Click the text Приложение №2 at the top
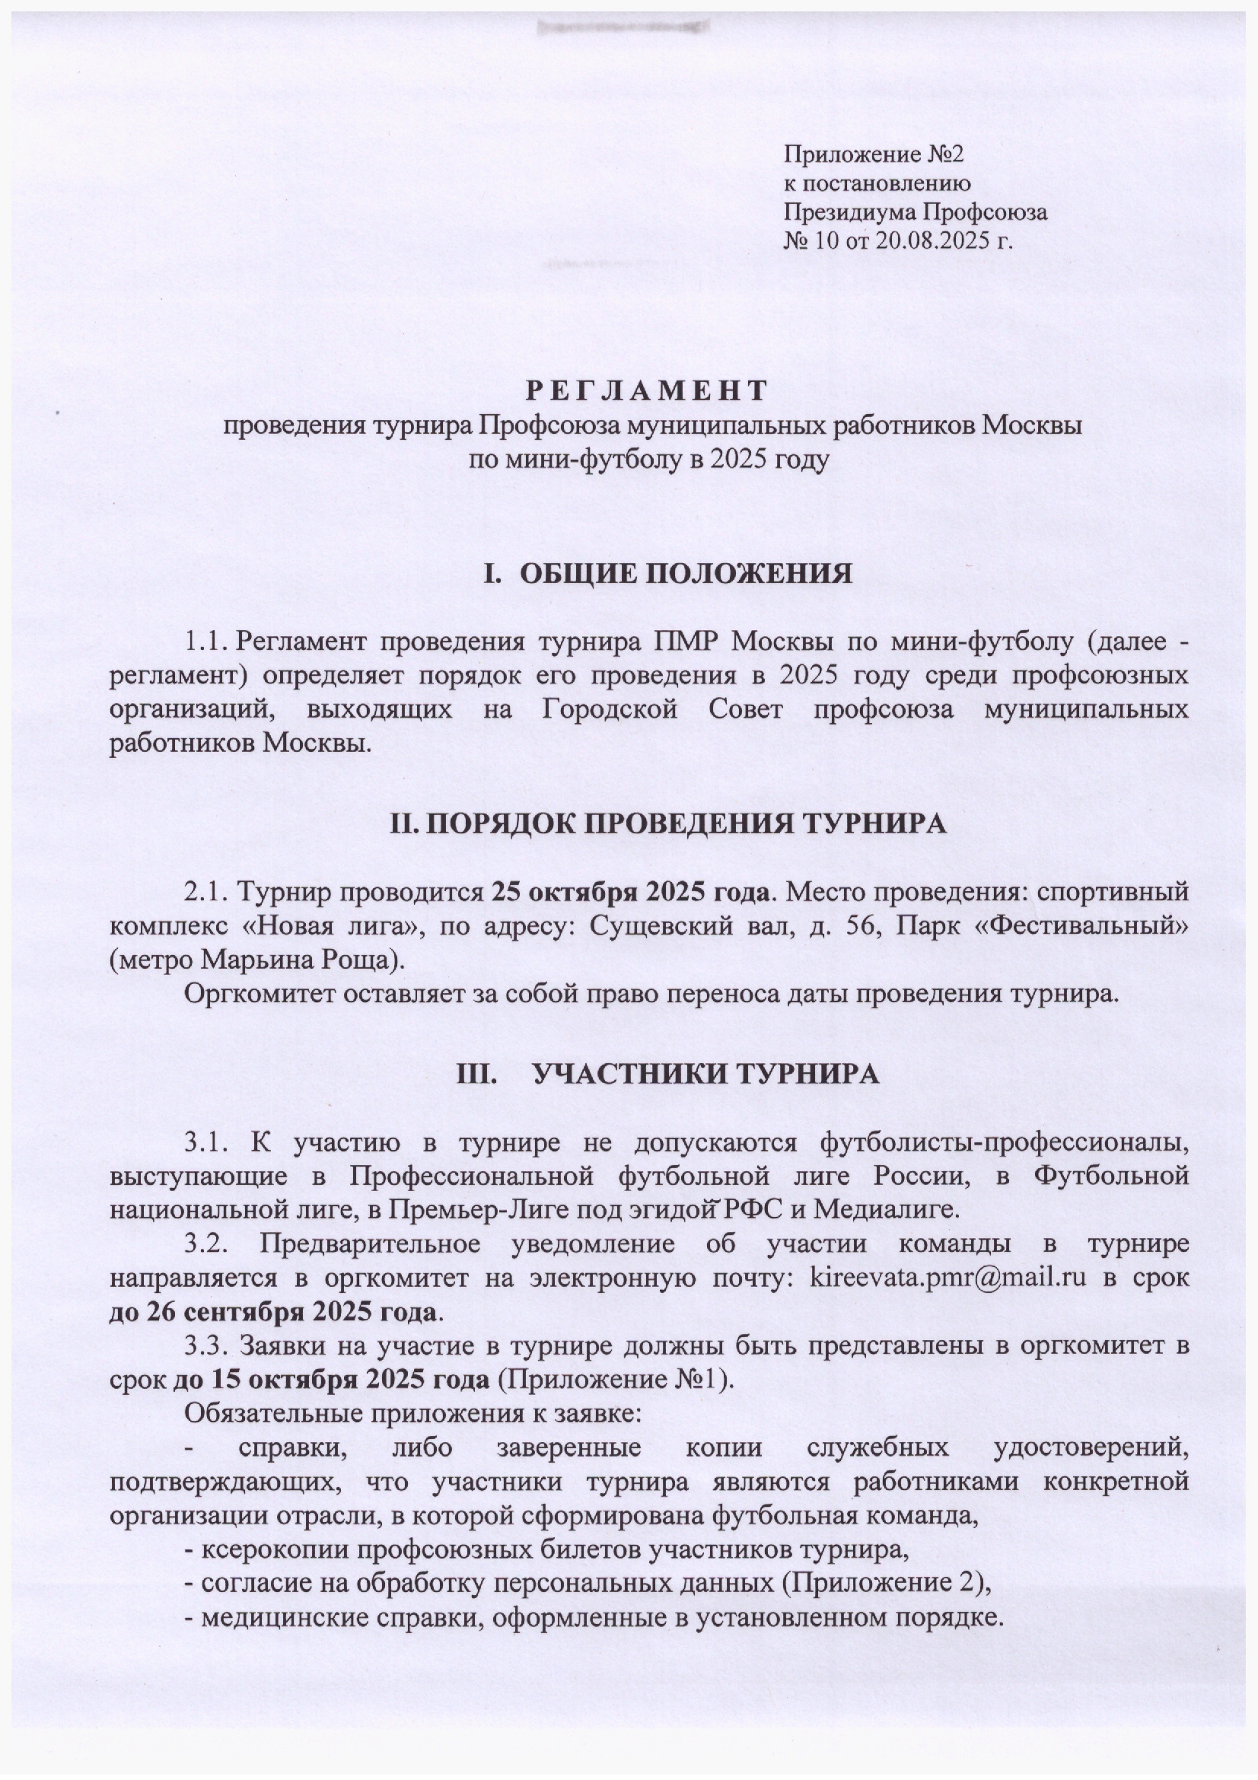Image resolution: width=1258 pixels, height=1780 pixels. click(x=874, y=154)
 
